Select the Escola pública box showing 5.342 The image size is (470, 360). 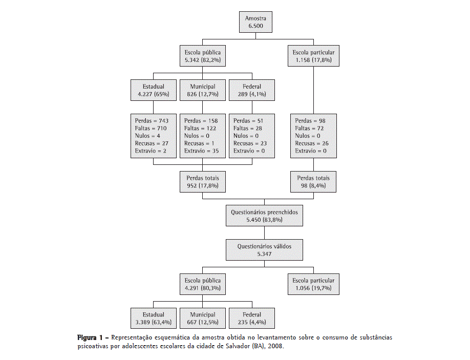point(203,56)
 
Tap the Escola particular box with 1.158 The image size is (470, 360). point(313,56)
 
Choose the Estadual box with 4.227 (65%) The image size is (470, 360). point(153,91)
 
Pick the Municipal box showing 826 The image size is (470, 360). point(202,91)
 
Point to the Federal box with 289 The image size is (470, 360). point(252,91)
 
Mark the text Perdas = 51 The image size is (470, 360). point(247,121)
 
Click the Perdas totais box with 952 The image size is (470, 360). point(203,182)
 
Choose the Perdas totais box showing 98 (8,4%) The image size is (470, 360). point(313,182)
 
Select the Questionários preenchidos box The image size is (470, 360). point(264,216)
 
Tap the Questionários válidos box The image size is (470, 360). point(264,250)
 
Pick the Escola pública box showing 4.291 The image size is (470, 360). point(203,284)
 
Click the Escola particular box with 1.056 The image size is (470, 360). point(313,284)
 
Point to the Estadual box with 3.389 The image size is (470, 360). point(153,319)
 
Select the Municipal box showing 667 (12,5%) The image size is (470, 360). point(202,319)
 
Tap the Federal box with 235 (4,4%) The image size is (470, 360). point(252,319)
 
